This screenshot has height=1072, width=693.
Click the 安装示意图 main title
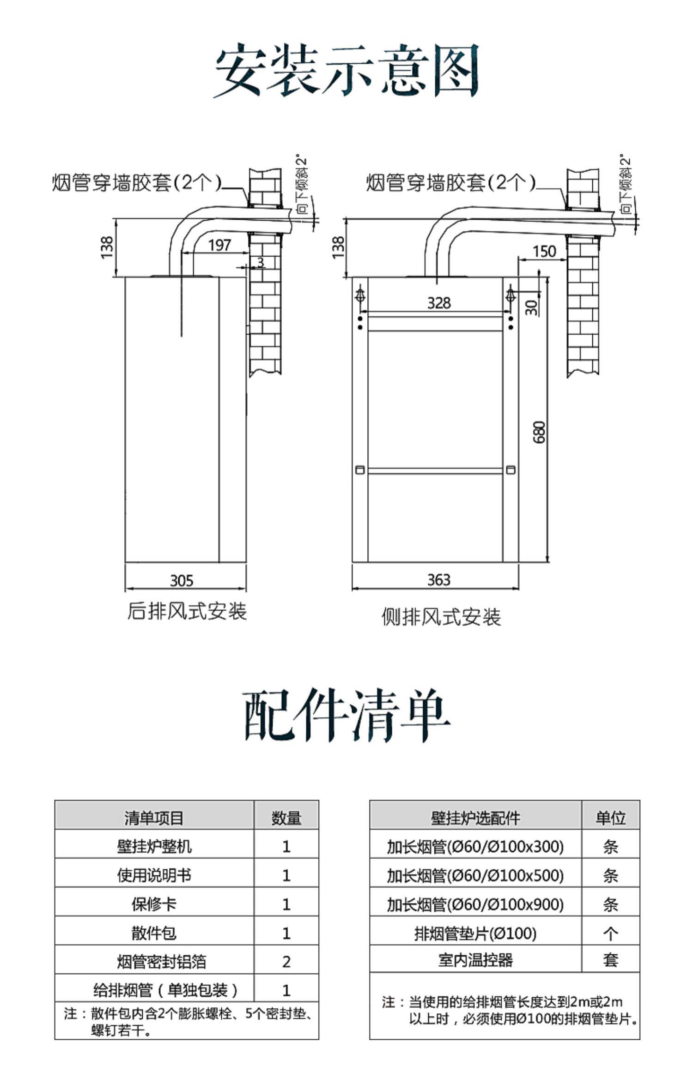coord(346,70)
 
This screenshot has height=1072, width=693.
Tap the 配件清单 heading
coord(346,715)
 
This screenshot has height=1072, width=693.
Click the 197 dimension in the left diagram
coord(219,245)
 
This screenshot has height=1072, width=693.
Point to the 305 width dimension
coord(182,580)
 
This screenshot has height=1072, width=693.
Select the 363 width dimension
coord(438,580)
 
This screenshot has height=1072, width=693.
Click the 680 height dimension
coord(539,432)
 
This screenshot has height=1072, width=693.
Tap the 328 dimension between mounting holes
coord(438,303)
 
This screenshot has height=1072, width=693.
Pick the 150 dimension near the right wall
coord(544,252)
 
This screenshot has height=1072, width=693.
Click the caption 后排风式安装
coord(187,611)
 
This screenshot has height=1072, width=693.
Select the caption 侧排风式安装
coord(441,617)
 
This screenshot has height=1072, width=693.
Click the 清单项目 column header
coord(154,818)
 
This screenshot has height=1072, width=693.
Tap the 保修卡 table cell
coord(154,904)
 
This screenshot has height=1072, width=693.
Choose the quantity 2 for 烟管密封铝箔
coord(286,962)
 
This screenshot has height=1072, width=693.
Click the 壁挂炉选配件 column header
coord(475,818)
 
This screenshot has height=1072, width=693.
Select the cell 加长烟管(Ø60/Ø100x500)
coord(475,875)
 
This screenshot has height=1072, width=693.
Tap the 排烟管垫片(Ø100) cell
coord(475,933)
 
